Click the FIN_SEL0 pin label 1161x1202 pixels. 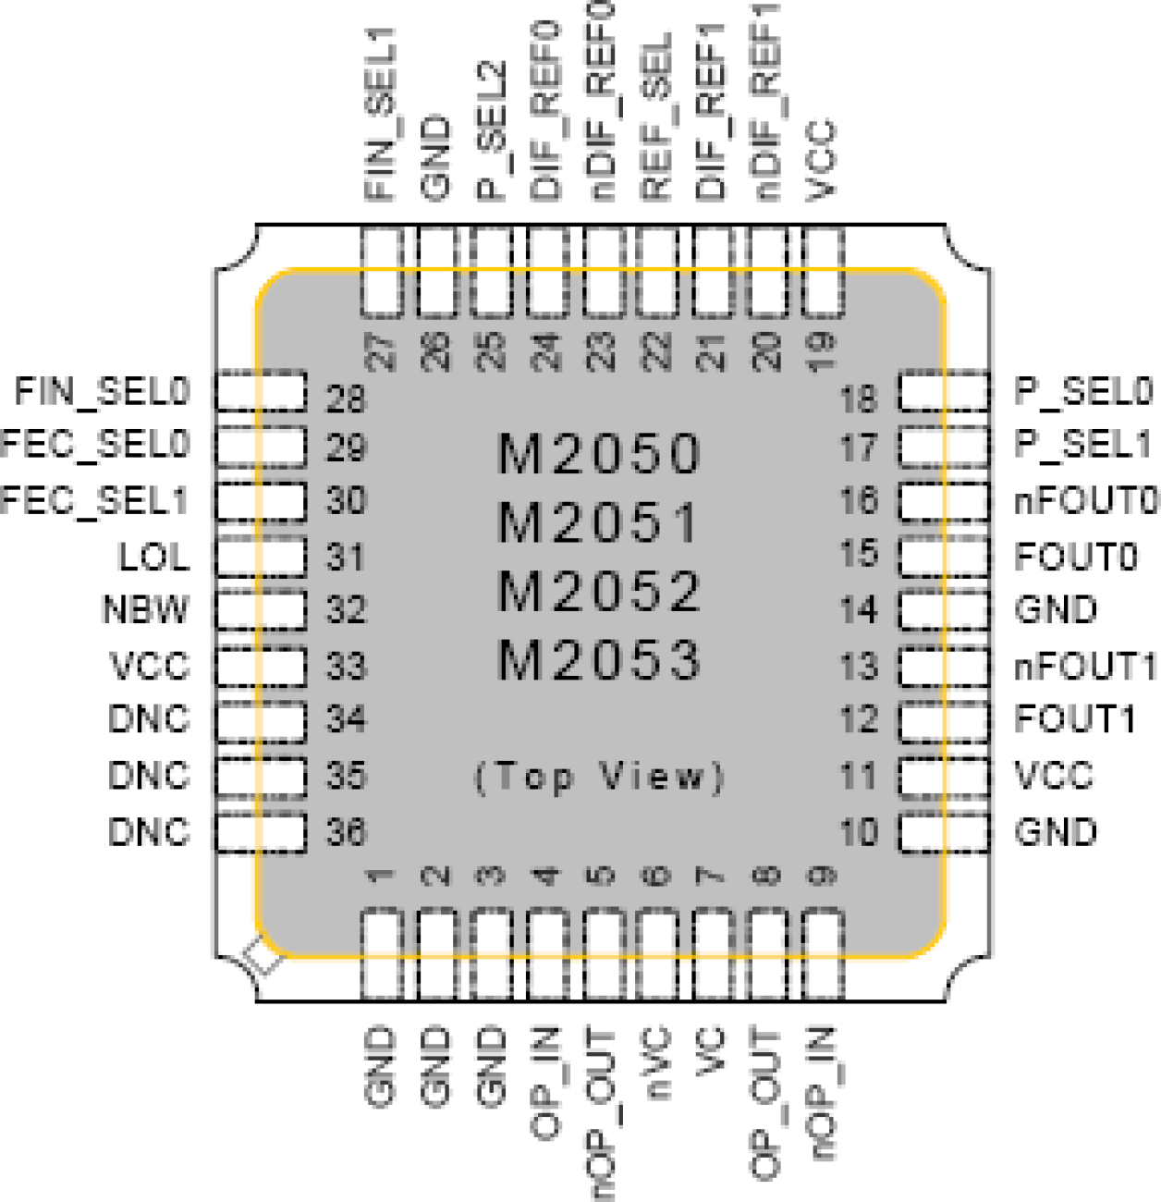click(102, 391)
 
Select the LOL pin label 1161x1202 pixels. click(153, 557)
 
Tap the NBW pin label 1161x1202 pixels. click(145, 610)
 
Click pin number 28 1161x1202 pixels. click(346, 399)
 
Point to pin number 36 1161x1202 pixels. click(346, 832)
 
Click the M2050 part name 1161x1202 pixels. click(599, 454)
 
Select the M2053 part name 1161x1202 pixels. click(599, 660)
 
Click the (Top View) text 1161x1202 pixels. click(599, 776)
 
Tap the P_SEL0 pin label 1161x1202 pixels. click(1083, 391)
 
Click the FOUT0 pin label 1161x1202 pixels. click(1075, 557)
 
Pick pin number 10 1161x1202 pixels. click(858, 832)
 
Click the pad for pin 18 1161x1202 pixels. click(944, 391)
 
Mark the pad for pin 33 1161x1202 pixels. click(261, 666)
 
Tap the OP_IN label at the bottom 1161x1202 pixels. click(546, 1084)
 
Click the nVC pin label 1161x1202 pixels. click(657, 1063)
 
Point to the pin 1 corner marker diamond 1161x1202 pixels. click(263, 956)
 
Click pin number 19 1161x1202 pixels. click(821, 351)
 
